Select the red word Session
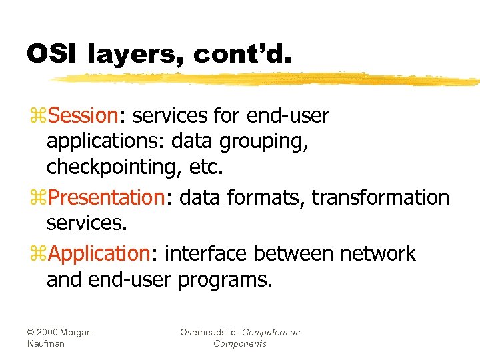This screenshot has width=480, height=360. coord(83,116)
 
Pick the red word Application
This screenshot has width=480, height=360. coord(100,254)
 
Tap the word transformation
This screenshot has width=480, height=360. coord(381,198)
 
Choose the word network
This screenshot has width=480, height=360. coord(377,254)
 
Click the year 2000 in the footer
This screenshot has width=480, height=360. coord(49,332)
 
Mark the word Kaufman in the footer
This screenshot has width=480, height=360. coord(46,344)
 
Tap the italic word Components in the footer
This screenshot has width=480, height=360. coord(240,344)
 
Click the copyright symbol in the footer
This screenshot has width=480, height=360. coord(31,332)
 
